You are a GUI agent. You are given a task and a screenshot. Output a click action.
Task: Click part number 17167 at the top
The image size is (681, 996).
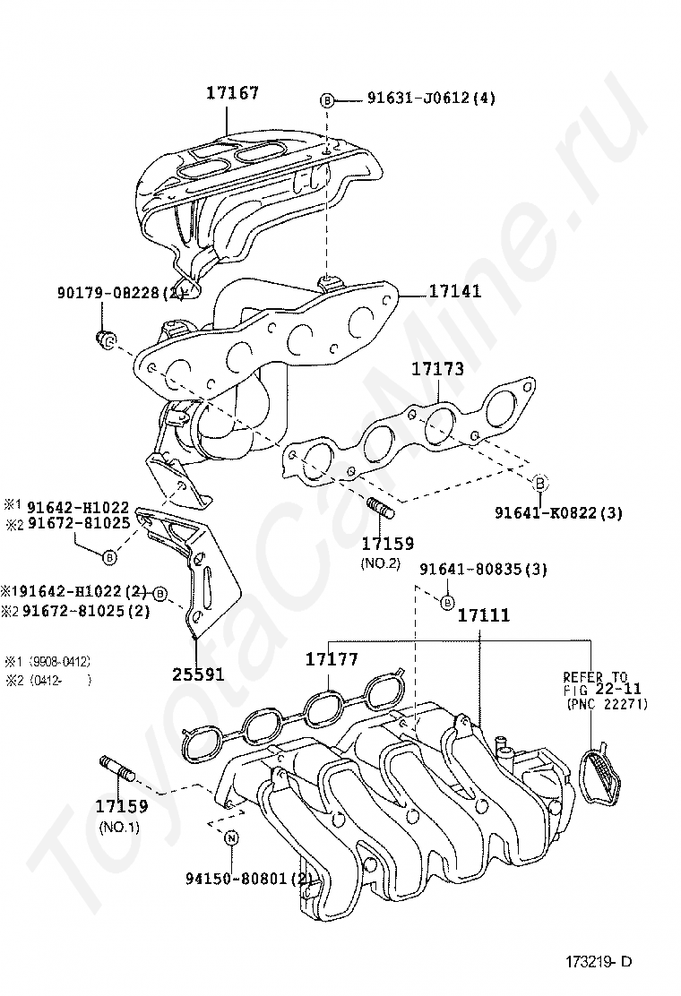point(232,92)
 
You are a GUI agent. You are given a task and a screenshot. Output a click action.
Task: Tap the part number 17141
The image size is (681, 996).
point(454,291)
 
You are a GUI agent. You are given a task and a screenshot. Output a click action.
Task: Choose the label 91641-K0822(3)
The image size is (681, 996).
point(557,512)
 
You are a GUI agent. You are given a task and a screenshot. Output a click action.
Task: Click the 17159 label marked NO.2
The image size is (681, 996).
point(387,544)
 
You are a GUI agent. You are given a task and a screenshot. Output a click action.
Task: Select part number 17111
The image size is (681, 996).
point(484,615)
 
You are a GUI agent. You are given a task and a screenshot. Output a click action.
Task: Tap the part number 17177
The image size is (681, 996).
point(332,659)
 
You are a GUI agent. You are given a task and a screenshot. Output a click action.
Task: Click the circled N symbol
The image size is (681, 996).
point(231,838)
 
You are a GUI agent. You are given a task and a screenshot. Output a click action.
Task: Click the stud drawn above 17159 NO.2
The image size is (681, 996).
point(382,509)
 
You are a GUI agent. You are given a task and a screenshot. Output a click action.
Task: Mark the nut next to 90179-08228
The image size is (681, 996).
point(106,339)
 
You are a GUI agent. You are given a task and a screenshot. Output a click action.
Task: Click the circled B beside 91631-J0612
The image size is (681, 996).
point(328,99)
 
